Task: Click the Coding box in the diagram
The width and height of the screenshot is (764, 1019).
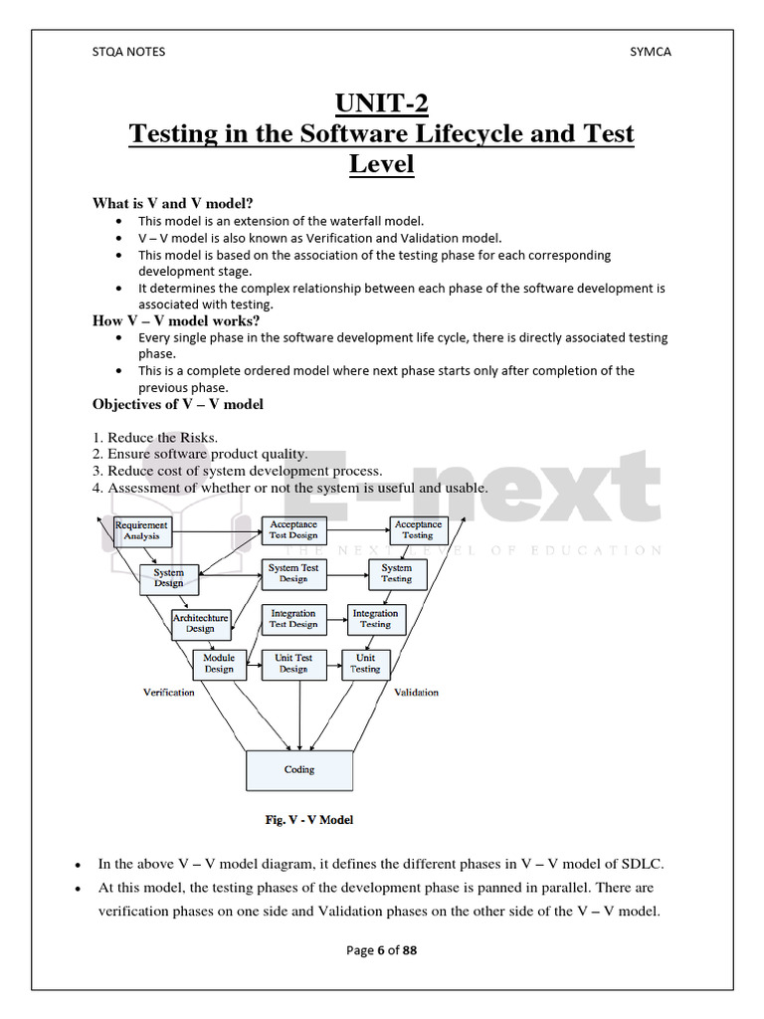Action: click(299, 769)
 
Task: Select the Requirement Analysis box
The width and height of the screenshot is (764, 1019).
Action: click(141, 530)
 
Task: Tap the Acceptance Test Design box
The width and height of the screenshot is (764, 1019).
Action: click(293, 529)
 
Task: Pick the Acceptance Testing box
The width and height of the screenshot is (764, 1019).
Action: click(418, 529)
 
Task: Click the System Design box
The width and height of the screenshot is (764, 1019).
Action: click(168, 578)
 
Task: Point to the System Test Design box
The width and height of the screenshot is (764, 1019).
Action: click(293, 573)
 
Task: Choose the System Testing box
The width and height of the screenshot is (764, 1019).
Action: click(396, 573)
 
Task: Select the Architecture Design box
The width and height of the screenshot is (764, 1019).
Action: click(200, 623)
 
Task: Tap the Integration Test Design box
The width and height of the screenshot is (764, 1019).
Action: click(293, 619)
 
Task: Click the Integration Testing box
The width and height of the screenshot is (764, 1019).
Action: click(375, 619)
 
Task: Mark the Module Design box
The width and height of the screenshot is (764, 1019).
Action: click(219, 664)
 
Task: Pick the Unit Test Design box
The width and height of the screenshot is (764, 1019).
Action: click(293, 664)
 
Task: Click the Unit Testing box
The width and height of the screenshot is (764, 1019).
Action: click(365, 664)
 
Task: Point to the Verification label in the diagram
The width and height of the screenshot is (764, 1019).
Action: click(169, 693)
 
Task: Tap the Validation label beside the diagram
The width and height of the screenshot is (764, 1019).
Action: click(416, 693)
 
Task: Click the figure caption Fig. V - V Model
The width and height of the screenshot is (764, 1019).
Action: click(309, 820)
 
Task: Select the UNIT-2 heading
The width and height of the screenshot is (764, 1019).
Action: click(381, 103)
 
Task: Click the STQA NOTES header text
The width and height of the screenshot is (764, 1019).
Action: click(128, 52)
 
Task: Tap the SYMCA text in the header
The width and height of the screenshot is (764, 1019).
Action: click(650, 52)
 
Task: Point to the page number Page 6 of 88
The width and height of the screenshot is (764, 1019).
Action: click(381, 950)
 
